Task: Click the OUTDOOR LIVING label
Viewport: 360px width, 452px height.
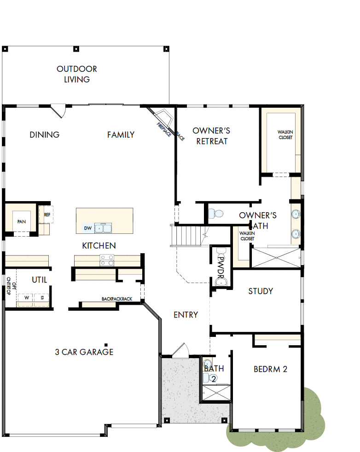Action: click(77, 74)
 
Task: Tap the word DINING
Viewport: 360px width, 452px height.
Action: click(45, 135)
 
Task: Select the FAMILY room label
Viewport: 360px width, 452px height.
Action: click(121, 135)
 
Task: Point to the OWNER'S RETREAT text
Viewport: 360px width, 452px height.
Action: click(211, 136)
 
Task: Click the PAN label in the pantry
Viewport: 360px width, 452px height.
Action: click(21, 221)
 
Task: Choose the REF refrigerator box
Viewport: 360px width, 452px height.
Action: click(47, 214)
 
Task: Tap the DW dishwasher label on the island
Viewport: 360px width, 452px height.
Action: click(87, 228)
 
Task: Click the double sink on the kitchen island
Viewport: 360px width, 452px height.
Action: click(103, 228)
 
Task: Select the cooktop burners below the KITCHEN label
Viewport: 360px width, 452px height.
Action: click(107, 263)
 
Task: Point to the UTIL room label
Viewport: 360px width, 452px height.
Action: click(39, 280)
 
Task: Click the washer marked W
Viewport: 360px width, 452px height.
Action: click(27, 298)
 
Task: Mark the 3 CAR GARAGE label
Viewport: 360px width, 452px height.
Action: click(84, 352)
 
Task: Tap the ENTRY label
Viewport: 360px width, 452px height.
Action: click(186, 315)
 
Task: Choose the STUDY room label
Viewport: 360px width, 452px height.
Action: click(261, 291)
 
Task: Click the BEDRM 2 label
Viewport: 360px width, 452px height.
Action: click(270, 369)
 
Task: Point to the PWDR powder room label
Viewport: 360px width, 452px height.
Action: click(221, 270)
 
